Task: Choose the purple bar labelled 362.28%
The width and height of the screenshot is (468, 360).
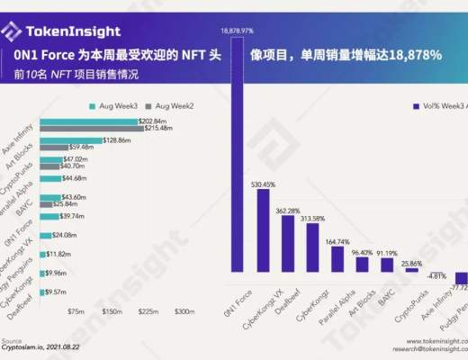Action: click(287, 242)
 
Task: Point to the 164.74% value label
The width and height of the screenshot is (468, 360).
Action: click(337, 241)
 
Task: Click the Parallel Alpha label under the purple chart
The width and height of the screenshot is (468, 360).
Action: click(336, 301)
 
